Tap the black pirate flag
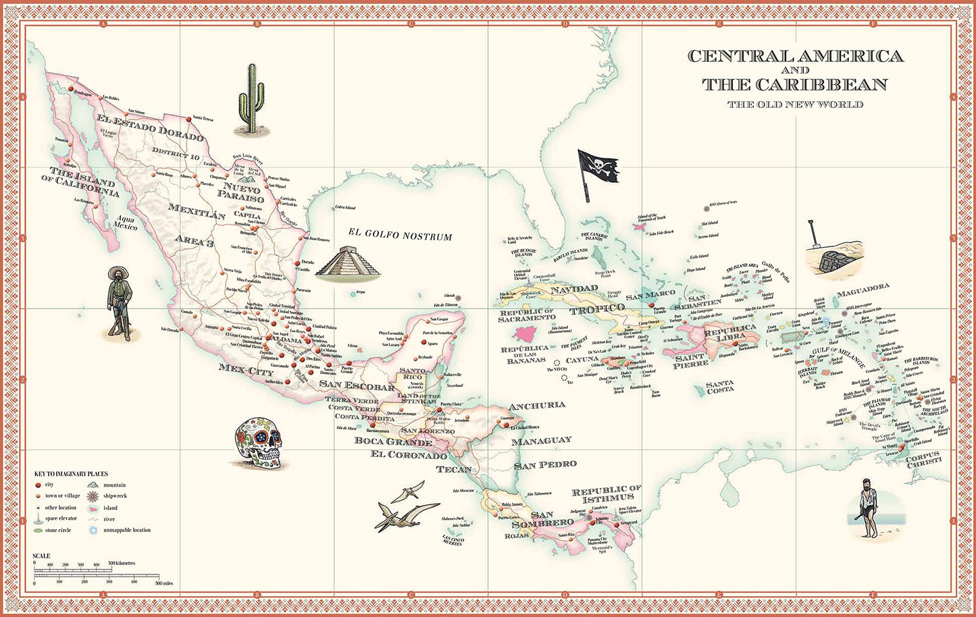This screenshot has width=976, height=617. click(597, 169)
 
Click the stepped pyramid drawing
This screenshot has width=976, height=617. click(349, 261)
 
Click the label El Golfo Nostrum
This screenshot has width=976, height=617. click(400, 235)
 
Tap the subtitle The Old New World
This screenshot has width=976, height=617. click(795, 105)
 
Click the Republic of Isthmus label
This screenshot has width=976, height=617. click(606, 493)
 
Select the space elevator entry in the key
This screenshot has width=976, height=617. click(61, 518)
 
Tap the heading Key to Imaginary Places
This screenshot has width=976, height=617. click(71, 474)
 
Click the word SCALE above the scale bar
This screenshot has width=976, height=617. click(41, 556)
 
